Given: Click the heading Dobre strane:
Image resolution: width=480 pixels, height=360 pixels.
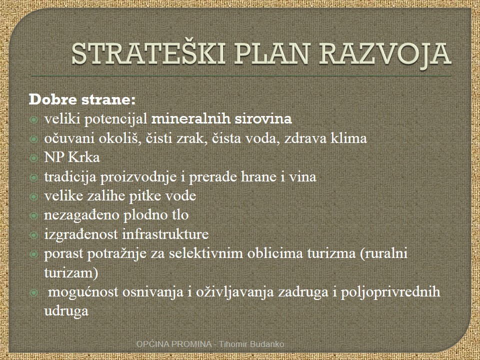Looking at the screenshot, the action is tap(82, 100).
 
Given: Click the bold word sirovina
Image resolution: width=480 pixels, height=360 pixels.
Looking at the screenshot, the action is tap(263, 119).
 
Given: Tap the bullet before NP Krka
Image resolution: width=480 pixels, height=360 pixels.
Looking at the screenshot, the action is tap(33, 157).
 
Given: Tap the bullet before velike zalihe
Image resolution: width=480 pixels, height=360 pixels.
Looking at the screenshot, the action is tap(33, 196).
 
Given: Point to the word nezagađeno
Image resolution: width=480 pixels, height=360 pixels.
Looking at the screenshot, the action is tap(81, 215).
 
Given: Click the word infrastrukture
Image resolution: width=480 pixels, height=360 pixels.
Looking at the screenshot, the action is tap(165, 234).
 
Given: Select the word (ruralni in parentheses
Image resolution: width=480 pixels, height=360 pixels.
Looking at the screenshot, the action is tap(384, 254).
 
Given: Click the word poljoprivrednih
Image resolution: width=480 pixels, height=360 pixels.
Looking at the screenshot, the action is tap(390, 292).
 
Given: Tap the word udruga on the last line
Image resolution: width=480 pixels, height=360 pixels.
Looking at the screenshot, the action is tap(66, 311).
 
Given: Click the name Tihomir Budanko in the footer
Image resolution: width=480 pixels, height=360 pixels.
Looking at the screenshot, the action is tap(251, 344).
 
